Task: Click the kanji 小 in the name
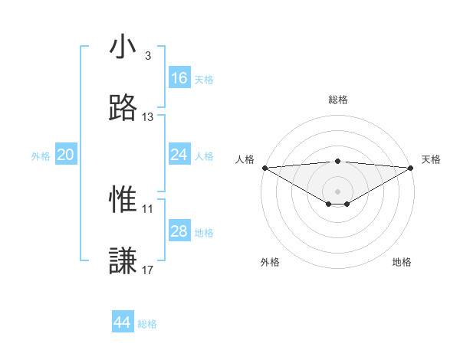tap(123, 47)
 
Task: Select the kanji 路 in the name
tap(123, 108)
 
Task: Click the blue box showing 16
tap(179, 78)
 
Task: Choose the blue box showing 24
tap(179, 155)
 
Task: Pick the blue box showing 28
tap(179, 231)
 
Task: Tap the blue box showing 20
tap(66, 155)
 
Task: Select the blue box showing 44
tap(123, 322)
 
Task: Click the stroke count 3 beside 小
tap(148, 56)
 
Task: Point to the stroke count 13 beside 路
tap(148, 117)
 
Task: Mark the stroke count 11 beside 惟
tap(148, 208)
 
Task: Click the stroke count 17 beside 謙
tap(148, 270)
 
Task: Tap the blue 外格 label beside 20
tap(41, 156)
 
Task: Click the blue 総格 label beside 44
tap(147, 324)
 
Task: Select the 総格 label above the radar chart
tap(338, 100)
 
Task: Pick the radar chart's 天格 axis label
tap(432, 159)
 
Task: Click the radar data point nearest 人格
tap(264, 167)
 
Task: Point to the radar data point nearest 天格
tap(411, 167)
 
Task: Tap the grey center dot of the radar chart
tap(338, 191)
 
